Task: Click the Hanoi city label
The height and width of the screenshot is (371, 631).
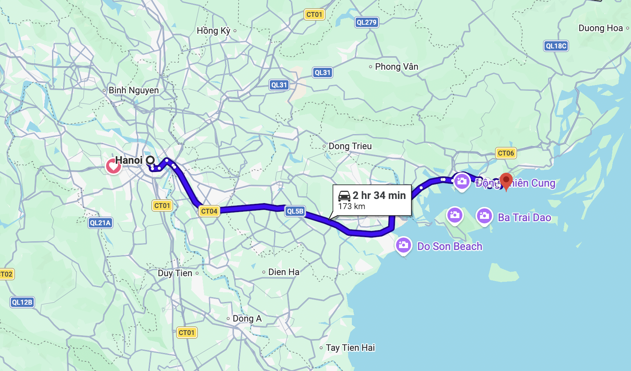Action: (x=129, y=160)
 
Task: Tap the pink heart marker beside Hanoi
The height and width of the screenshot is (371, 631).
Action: (x=113, y=166)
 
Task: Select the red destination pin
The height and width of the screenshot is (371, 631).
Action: (x=506, y=181)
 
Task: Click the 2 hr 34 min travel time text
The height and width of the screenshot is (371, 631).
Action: (x=379, y=195)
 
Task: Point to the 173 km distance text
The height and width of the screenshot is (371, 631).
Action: (x=351, y=206)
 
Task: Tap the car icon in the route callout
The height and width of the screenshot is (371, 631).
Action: (x=344, y=196)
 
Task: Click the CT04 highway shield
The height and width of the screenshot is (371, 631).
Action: (x=209, y=211)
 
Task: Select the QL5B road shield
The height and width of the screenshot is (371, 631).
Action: (x=295, y=211)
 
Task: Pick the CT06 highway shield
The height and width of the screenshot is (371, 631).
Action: (x=506, y=153)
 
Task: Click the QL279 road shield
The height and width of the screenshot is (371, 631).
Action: (x=366, y=22)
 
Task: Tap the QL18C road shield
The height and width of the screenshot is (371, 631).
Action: (x=556, y=46)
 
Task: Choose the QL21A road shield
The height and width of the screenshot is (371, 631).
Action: (x=100, y=223)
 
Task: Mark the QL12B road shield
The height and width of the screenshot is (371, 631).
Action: (x=22, y=302)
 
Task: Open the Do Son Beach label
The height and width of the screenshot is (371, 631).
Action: (x=450, y=246)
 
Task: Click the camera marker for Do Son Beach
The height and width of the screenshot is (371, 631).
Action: (x=403, y=245)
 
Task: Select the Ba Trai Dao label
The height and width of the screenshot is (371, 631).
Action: (x=524, y=217)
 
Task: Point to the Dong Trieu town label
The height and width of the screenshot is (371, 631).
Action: (x=350, y=146)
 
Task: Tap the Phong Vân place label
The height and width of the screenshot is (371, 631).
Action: (x=396, y=67)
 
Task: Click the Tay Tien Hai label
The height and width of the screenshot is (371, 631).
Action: (x=350, y=348)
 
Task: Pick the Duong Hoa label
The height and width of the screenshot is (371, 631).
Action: (x=601, y=28)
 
